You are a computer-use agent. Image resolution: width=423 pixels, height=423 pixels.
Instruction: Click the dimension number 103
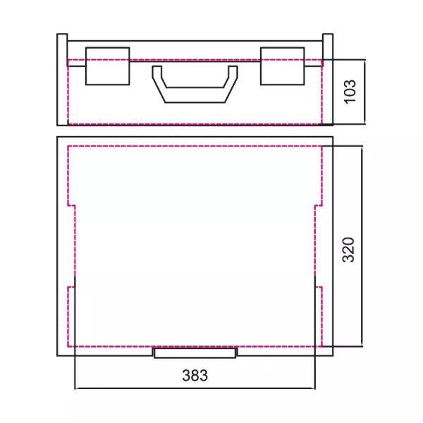coord(350,92)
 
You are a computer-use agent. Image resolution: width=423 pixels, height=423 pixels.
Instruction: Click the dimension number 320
coord(348,250)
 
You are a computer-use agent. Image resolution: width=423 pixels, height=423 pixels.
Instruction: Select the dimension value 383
coord(195,375)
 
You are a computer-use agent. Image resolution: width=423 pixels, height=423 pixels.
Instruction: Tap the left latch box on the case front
coord(108,66)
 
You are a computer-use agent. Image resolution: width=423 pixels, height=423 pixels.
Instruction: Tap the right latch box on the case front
coord(283,66)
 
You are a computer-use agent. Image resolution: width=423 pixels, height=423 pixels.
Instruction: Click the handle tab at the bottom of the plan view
coord(195,353)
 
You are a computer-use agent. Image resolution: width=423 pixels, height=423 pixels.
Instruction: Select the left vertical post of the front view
coord(62,80)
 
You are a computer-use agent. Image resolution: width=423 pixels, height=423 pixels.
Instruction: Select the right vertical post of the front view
coord(328,80)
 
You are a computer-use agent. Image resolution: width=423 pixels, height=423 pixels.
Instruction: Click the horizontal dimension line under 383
coord(195,388)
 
